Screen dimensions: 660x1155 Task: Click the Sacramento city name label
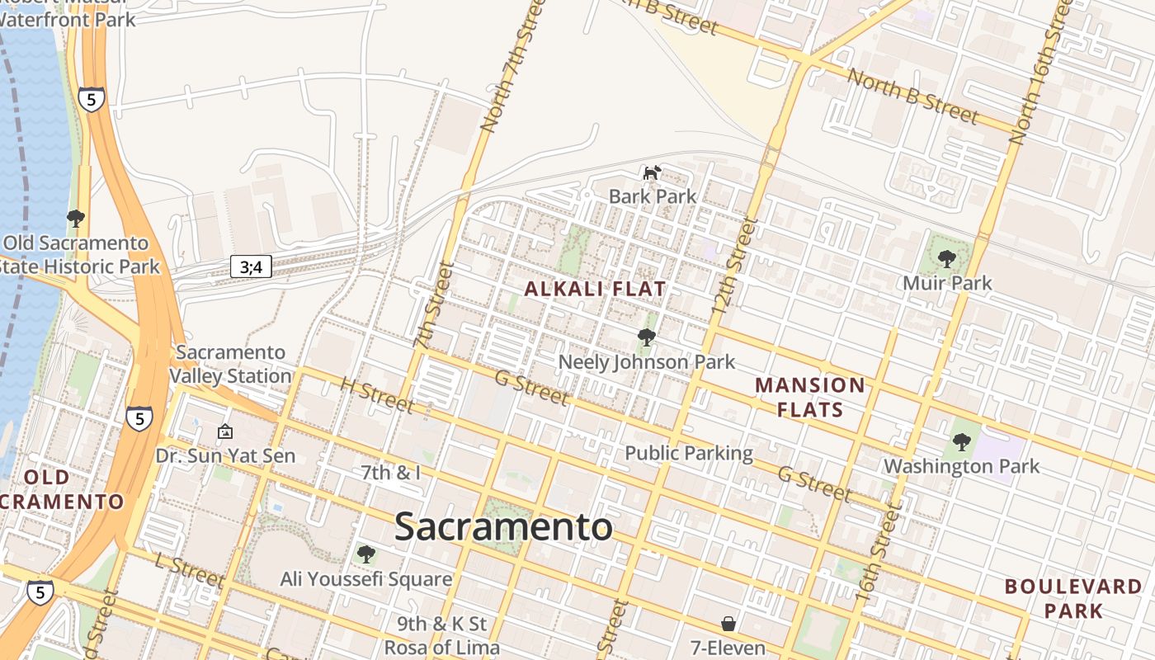(x=503, y=526)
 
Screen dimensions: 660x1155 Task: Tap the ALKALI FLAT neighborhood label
(x=595, y=289)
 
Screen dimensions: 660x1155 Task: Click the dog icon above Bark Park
(x=653, y=172)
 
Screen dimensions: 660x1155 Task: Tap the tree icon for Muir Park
(x=947, y=259)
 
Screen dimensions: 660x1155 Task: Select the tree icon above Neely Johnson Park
(x=647, y=337)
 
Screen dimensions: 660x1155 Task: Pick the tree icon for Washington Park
(x=961, y=442)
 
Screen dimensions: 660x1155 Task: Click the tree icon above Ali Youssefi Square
(x=365, y=554)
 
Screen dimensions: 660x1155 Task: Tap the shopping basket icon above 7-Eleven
(x=728, y=624)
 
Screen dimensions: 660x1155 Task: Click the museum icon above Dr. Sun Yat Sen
(x=224, y=431)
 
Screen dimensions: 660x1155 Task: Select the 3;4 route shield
(x=251, y=266)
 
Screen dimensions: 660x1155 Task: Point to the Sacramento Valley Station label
(x=230, y=364)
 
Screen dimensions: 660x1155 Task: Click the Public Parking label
(x=689, y=453)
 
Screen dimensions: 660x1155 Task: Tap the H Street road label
(x=377, y=396)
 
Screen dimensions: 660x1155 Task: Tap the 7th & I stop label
(x=391, y=473)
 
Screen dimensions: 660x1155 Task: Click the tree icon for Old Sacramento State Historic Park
(x=76, y=219)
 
